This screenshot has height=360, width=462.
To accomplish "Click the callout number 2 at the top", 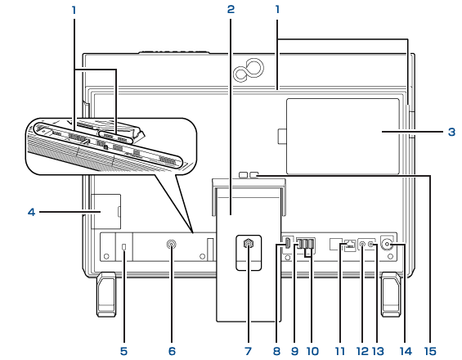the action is coord(231,10).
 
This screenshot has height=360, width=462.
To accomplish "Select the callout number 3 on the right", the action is coord(451,132).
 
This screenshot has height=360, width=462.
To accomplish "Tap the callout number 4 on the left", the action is coord(32,212).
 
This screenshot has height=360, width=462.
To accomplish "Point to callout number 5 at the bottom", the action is coord(123,351).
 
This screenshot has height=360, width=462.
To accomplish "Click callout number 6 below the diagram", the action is coord(172,351).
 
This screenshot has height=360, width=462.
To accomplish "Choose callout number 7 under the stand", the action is coord(248,351).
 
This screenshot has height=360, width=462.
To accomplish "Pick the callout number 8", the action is coord(276,351).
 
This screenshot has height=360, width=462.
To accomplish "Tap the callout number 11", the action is coord(339,351).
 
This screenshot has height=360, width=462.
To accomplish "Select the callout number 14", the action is coord(406,351).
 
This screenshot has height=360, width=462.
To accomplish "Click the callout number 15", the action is coord(430,351).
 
